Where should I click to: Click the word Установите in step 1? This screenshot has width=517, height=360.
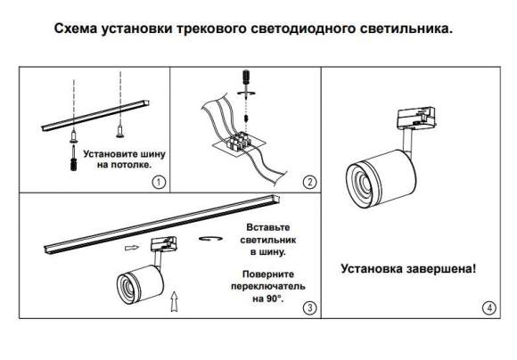(x=111, y=152)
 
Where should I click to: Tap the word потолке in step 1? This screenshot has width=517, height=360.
(x=129, y=165)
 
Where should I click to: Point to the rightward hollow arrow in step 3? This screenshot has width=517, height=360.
(x=132, y=250)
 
